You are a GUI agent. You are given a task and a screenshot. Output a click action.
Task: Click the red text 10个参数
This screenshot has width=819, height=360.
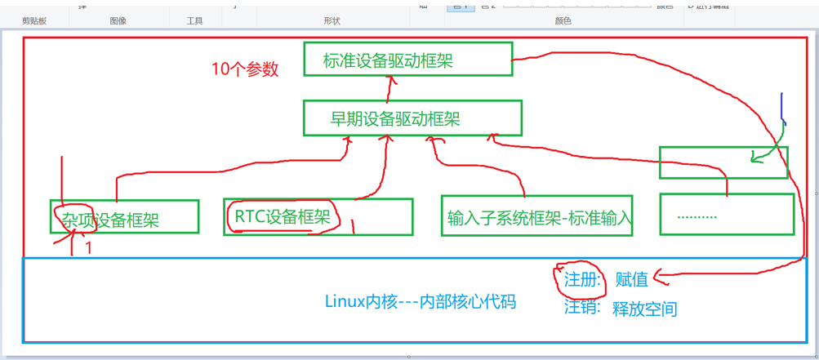pyautogui.click(x=245, y=69)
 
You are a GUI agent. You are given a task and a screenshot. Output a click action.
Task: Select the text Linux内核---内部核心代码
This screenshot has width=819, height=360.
pyautogui.click(x=421, y=301)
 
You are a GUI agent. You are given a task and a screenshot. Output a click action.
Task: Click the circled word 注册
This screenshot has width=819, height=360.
pyautogui.click(x=581, y=279)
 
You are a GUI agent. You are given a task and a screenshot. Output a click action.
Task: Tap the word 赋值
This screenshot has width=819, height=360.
pyautogui.click(x=631, y=279)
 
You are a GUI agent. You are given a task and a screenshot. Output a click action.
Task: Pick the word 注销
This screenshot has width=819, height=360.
pyautogui.click(x=581, y=309)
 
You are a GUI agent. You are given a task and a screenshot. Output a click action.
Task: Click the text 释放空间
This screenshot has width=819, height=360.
pyautogui.click(x=644, y=309)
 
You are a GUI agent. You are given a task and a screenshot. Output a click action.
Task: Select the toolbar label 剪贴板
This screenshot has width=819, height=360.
pyautogui.click(x=34, y=20)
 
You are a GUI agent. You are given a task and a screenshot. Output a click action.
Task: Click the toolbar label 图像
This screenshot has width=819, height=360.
pyautogui.click(x=118, y=20)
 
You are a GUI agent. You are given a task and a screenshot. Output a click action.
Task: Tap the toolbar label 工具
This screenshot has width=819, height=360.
pyautogui.click(x=194, y=20)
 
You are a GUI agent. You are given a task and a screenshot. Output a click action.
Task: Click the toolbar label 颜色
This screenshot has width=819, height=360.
pyautogui.click(x=563, y=20)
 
